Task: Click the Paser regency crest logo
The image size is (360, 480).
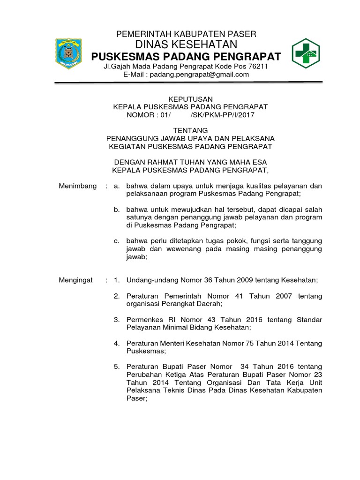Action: [x=70, y=54]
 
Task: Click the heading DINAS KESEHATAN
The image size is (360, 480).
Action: [x=186, y=45]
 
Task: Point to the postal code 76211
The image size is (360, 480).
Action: [x=257, y=67]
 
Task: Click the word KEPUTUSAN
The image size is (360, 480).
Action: [x=186, y=99]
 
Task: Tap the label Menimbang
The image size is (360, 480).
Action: [x=77, y=186]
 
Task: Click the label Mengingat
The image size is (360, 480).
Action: [x=75, y=280]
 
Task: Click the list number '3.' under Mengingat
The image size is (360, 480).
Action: [x=117, y=320]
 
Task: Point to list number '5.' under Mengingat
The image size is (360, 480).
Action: [x=117, y=366]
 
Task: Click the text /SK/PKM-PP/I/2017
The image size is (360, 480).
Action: [x=223, y=114]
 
